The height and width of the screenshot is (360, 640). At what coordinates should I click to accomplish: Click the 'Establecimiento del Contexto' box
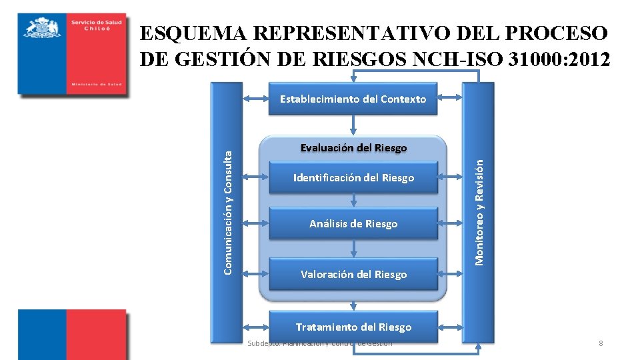[x=353, y=99]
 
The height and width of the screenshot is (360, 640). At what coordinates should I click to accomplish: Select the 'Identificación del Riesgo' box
[x=353, y=178]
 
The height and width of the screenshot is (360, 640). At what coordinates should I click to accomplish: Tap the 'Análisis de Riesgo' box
[x=353, y=224]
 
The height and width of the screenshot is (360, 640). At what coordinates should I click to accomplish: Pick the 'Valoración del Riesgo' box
[x=353, y=274]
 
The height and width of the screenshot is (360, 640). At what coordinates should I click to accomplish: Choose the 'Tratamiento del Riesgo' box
[x=353, y=327]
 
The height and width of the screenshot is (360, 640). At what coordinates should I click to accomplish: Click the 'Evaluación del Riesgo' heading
[x=353, y=147]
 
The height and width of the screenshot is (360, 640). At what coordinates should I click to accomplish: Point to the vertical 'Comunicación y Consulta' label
[x=228, y=211]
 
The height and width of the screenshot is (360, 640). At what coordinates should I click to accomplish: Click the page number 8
[x=601, y=343]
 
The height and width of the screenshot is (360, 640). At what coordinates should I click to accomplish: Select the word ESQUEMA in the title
[x=193, y=33]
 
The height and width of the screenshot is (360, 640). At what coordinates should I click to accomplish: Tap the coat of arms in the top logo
[x=42, y=29]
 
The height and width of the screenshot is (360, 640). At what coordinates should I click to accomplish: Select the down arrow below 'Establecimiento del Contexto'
[x=353, y=124]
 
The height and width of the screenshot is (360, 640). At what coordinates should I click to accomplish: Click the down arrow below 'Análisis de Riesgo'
[x=353, y=249]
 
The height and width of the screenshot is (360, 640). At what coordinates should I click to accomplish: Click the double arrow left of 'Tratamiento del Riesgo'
[x=256, y=327]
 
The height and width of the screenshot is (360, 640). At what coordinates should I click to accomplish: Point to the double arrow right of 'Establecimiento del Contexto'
[x=451, y=99]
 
